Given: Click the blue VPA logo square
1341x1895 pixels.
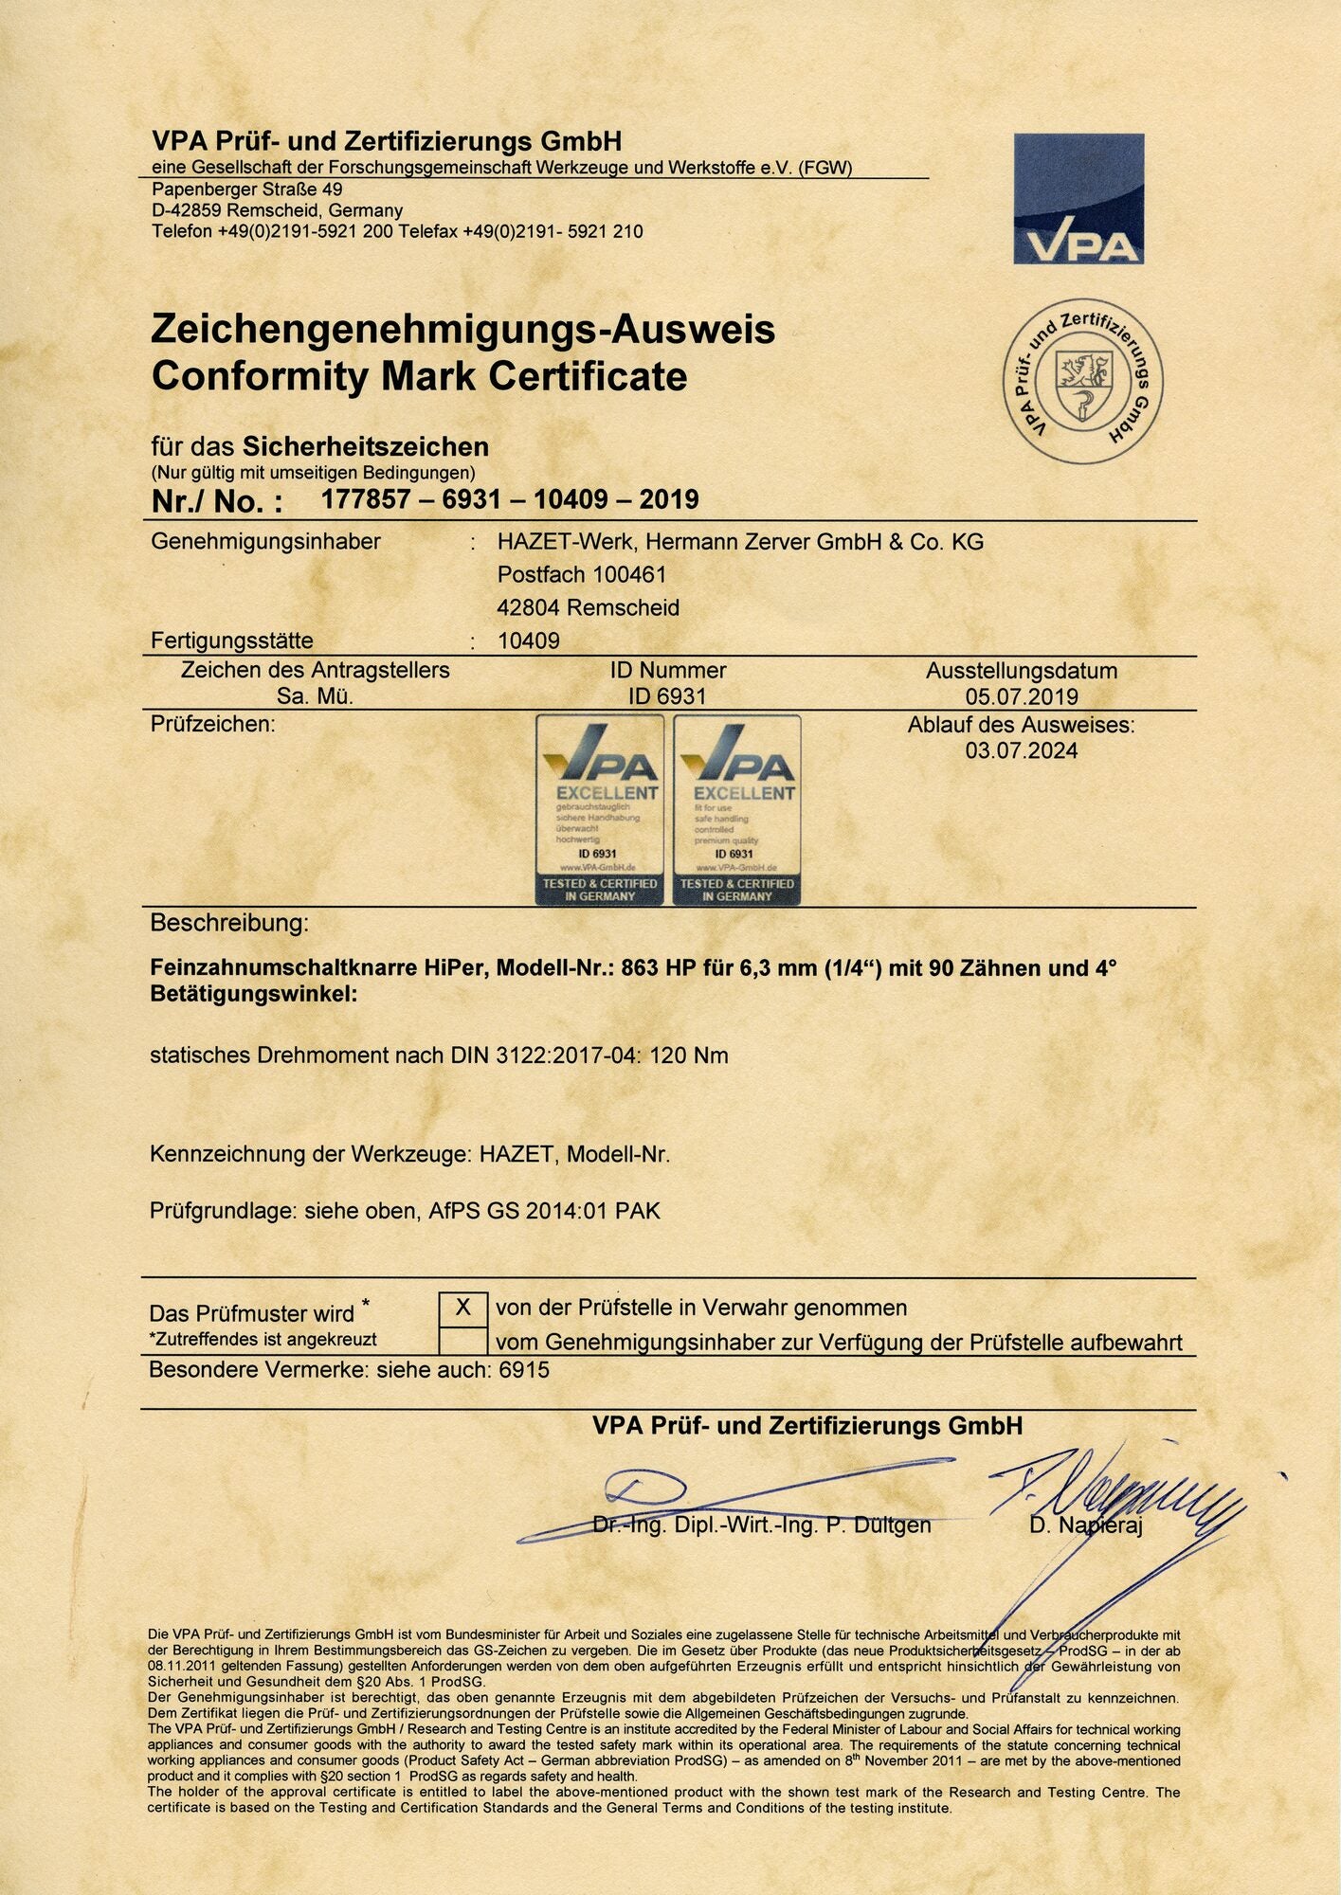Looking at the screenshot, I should [1078, 199].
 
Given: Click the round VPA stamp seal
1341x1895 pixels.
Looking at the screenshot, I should [1083, 382].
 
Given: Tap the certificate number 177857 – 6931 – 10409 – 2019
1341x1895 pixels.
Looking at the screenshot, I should [510, 499].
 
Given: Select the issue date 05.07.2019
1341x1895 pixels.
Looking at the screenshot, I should [1022, 697].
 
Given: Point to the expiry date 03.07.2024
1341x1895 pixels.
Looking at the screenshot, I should [1022, 751].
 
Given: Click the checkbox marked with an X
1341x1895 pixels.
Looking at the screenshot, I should [463, 1308].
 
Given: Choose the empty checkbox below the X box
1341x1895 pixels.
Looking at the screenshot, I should [463, 1342].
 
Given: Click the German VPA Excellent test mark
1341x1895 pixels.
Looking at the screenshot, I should [600, 810].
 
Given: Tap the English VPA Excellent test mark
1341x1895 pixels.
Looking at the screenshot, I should [737, 810].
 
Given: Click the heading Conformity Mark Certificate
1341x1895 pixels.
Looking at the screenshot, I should [419, 376].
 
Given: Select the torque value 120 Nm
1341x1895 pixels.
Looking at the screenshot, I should [689, 1056].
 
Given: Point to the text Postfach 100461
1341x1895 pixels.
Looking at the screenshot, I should [582, 575].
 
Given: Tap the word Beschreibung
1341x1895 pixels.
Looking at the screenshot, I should [229, 923].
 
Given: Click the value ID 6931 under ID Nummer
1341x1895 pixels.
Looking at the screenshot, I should [667, 697].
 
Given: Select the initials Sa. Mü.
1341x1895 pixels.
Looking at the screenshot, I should [315, 697].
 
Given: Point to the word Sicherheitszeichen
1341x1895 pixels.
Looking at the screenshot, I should [366, 447].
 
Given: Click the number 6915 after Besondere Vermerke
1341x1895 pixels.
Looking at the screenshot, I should [524, 1370].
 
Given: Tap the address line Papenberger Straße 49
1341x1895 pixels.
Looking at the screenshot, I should [247, 189].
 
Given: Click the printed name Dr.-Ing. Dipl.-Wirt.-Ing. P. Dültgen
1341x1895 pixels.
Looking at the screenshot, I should [761, 1525].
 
